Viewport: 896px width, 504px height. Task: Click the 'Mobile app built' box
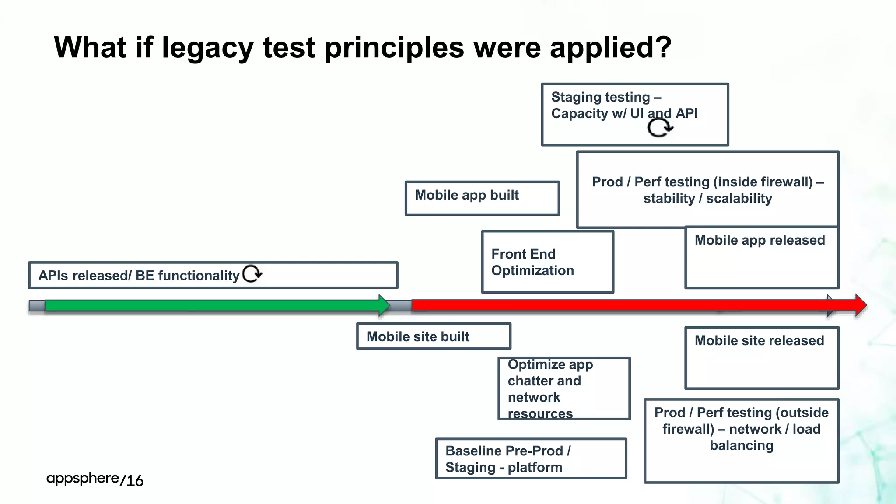tap(482, 198)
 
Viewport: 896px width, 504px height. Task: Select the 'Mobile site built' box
tap(434, 336)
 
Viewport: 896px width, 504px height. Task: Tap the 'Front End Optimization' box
tap(547, 262)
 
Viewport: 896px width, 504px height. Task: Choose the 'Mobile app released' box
tap(761, 257)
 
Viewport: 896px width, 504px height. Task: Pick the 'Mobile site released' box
tap(761, 357)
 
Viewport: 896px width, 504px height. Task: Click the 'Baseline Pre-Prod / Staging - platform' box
tap(531, 458)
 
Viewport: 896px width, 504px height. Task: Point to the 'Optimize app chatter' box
tap(563, 388)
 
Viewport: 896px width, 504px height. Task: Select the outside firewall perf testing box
tap(741, 440)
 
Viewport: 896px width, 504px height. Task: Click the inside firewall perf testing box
tap(707, 189)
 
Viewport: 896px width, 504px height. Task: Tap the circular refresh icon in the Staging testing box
tap(660, 128)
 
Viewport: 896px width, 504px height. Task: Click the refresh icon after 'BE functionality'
tap(252, 274)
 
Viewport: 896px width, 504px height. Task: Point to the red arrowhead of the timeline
tap(860, 305)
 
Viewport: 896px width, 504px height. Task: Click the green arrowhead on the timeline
tap(384, 305)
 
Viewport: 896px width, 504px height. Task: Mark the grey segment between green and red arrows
tap(400, 305)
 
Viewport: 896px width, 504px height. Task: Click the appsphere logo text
tap(83, 478)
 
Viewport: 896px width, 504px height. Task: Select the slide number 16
tap(135, 480)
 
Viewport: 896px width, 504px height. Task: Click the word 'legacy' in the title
tap(207, 47)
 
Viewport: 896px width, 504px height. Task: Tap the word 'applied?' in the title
tap(610, 47)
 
